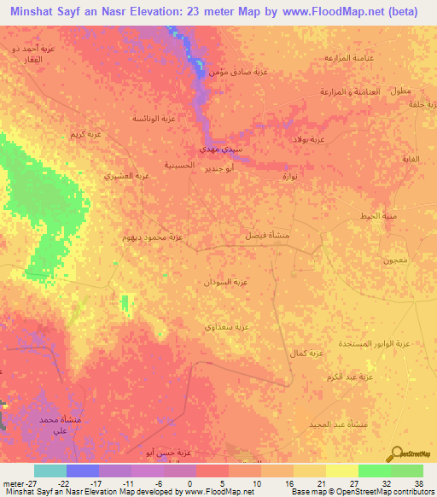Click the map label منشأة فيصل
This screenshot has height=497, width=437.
(257, 234)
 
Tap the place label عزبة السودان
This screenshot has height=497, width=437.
(226, 281)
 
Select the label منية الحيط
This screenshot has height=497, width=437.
(378, 215)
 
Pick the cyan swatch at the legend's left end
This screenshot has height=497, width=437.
(50, 471)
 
